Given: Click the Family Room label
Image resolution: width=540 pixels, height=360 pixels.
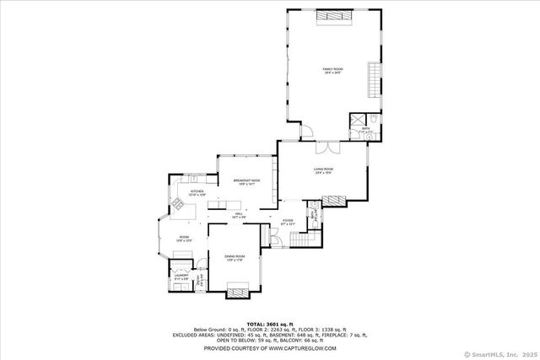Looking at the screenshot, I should (x=332, y=71).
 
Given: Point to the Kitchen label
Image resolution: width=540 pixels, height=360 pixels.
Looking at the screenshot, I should (x=196, y=193).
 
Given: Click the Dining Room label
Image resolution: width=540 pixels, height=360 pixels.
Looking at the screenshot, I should (x=234, y=257).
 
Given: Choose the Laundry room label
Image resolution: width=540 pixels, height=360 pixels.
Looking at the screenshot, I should (x=181, y=276).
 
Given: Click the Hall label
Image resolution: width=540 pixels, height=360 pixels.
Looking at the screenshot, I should (x=239, y=215).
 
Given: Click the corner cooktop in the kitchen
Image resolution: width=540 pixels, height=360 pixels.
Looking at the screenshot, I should (x=179, y=203).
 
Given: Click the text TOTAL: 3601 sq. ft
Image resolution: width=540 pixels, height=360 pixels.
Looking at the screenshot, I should (x=269, y=323).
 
